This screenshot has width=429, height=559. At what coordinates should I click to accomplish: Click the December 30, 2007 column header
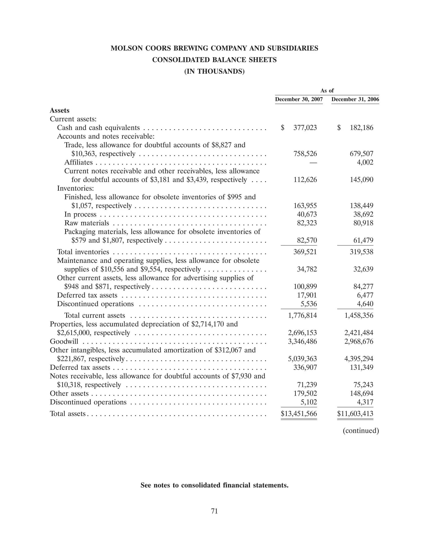299,99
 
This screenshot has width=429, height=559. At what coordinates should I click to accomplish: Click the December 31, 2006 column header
355,99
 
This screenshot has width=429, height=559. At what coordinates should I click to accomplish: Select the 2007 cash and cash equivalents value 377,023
305,128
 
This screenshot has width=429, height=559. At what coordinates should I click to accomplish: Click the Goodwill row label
64,342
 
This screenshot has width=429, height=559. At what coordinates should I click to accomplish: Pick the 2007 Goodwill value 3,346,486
302,342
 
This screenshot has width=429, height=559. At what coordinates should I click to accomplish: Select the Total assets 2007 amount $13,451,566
299,414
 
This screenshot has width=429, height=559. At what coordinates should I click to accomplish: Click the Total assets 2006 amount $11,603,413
355,414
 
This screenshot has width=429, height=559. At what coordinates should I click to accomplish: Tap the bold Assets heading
59,111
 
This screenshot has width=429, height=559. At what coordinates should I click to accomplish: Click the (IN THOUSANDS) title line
214,71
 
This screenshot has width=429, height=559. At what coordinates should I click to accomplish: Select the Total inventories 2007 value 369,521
305,252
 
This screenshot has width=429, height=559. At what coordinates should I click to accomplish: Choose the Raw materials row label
87,223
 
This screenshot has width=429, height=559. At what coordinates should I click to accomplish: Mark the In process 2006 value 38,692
363,214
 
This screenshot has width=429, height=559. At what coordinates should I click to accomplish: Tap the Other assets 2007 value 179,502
305,394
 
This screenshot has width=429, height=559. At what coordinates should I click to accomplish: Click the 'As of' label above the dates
327,91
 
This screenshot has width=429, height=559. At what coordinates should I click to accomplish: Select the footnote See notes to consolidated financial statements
214,485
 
